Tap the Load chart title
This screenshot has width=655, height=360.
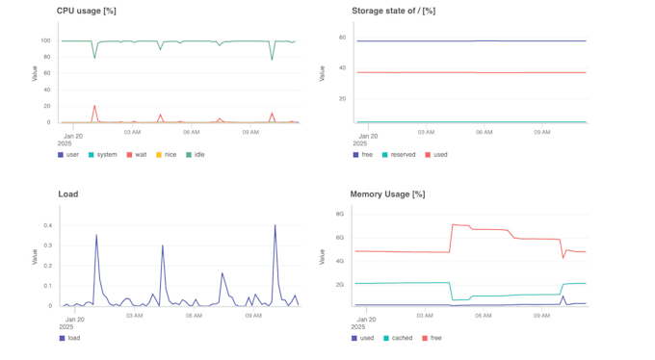[x=68, y=193]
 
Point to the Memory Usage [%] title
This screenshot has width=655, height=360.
[x=388, y=193]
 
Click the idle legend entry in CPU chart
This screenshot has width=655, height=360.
[x=195, y=154]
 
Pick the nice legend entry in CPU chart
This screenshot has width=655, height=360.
[x=166, y=154]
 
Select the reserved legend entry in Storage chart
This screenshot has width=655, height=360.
[x=400, y=154]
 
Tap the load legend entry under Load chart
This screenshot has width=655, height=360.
[x=69, y=338]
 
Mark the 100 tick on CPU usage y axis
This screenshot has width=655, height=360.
[x=46, y=40]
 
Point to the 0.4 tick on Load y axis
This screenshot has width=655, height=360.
[x=46, y=225]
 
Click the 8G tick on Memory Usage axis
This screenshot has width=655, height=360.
[x=340, y=214]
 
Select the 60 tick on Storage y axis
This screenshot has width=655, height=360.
[x=341, y=38]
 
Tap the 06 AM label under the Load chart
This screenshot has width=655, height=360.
[x=194, y=315]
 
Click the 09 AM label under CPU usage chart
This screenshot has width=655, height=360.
[x=252, y=132]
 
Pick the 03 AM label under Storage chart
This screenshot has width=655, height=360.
[x=426, y=132]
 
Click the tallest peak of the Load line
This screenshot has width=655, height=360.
[x=275, y=225]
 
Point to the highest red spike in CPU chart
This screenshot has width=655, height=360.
[x=94, y=106]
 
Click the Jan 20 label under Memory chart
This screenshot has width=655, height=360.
[x=366, y=318]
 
